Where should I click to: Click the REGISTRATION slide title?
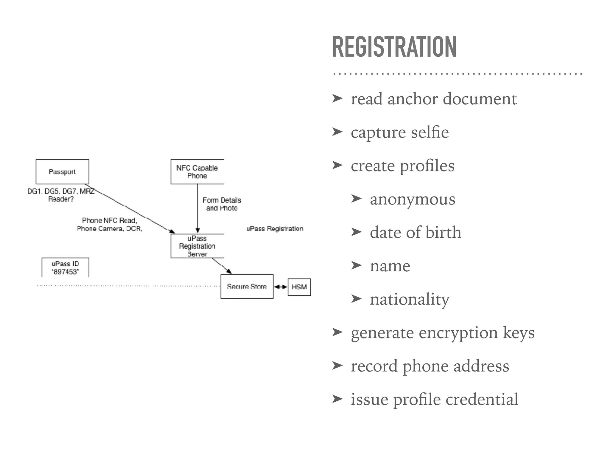click(x=394, y=47)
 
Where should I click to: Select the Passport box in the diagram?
click(x=62, y=172)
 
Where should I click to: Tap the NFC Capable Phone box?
click(x=197, y=172)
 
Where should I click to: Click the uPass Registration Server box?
click(x=197, y=246)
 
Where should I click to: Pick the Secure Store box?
click(x=247, y=287)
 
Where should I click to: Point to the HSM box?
click(x=299, y=287)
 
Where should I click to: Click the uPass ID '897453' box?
click(x=65, y=268)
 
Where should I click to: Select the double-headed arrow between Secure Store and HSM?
click(x=281, y=287)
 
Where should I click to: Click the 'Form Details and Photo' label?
click(x=222, y=204)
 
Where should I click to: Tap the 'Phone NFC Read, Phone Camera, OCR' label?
click(x=110, y=225)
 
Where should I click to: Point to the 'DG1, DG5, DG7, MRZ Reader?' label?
click(x=61, y=195)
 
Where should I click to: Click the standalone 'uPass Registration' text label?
click(x=275, y=229)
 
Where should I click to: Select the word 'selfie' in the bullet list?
click(x=430, y=132)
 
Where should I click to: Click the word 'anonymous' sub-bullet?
click(x=413, y=199)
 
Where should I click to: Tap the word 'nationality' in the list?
click(x=410, y=299)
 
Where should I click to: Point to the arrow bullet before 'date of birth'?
click(x=356, y=232)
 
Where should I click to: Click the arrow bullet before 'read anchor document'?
click(x=337, y=98)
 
